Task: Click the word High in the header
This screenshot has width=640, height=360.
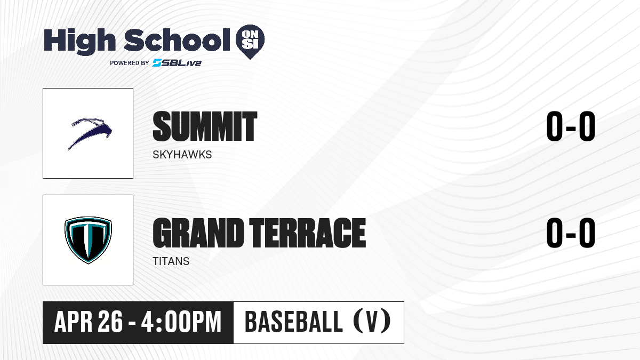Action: click(x=79, y=42)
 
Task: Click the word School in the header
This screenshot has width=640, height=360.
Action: click(x=177, y=40)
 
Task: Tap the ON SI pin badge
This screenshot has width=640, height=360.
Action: click(x=250, y=42)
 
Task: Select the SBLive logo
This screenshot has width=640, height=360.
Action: click(x=177, y=63)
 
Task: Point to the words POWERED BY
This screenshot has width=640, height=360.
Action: click(x=130, y=63)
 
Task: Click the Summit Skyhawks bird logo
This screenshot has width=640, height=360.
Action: click(x=90, y=133)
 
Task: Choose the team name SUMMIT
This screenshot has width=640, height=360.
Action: click(x=205, y=126)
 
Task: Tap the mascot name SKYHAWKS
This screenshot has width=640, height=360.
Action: click(x=182, y=155)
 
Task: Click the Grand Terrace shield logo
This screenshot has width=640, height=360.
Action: click(x=88, y=240)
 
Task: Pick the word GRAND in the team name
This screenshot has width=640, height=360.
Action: click(x=198, y=233)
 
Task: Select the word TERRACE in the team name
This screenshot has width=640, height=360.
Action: click(x=307, y=233)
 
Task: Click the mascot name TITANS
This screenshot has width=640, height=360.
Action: click(x=171, y=261)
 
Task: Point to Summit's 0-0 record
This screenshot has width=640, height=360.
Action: click(x=571, y=126)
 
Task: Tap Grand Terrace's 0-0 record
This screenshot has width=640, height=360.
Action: click(x=571, y=233)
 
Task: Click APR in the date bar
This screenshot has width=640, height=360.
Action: click(x=73, y=322)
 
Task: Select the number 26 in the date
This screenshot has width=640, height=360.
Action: click(x=110, y=322)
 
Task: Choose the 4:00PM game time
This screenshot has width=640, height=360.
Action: click(x=181, y=322)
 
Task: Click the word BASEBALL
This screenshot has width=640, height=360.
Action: click(x=293, y=322)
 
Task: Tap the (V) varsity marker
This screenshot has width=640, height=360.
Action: click(x=372, y=322)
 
